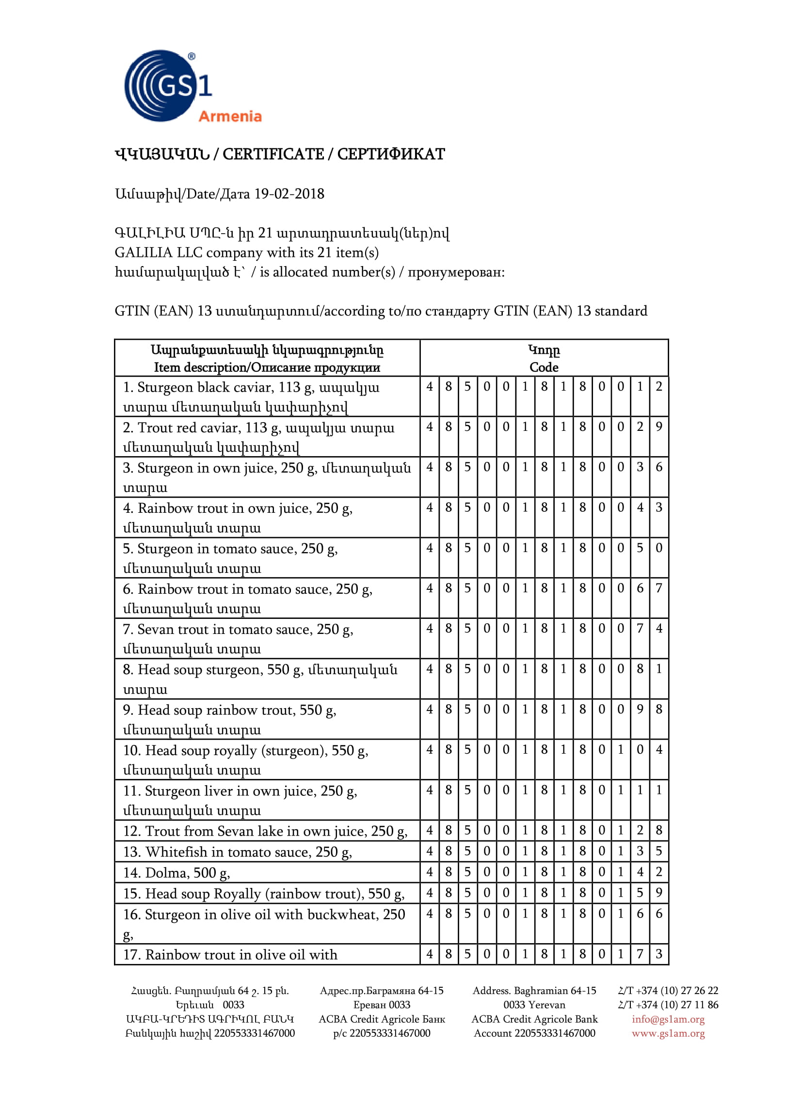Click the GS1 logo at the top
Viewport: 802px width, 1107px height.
click(166, 85)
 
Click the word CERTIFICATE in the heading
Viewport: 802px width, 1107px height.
click(273, 154)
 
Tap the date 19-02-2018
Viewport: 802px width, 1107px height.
click(289, 194)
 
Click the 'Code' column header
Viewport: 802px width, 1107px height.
click(544, 367)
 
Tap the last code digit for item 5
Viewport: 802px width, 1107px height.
click(658, 548)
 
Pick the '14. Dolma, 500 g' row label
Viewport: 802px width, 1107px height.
click(176, 872)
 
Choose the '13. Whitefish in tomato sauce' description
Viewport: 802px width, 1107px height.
click(237, 852)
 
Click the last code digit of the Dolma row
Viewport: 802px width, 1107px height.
click(658, 871)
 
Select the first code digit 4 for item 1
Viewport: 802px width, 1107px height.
click(429, 387)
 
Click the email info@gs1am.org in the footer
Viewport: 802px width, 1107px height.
click(668, 1019)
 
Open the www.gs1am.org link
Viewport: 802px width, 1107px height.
click(668, 1033)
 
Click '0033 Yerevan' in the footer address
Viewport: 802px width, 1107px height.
click(534, 1005)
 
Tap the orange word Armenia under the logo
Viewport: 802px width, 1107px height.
click(230, 116)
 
